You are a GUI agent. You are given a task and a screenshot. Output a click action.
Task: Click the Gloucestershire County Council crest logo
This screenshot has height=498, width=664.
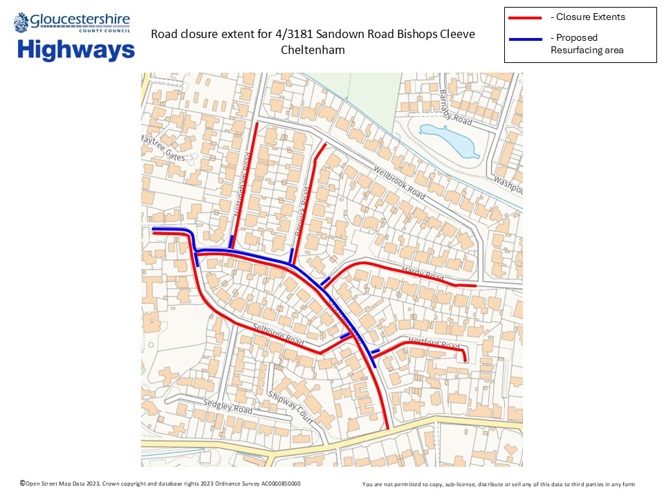coord(22,22)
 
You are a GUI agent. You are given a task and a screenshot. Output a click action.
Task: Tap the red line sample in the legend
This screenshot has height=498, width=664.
coord(526,17)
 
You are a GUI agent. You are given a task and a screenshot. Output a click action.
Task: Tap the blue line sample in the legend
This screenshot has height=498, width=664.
coord(526,39)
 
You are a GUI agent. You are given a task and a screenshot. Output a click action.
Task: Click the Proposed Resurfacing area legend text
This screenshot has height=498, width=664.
coord(587,44)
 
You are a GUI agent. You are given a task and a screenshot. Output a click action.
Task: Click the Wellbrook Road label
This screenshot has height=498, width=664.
coord(399,183)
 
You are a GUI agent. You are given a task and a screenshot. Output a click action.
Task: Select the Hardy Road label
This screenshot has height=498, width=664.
coord(425,275)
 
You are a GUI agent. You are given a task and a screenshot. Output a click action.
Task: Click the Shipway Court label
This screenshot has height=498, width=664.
coord(290,407)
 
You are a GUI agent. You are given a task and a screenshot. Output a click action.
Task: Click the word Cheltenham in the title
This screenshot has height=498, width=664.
coord(313,50)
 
